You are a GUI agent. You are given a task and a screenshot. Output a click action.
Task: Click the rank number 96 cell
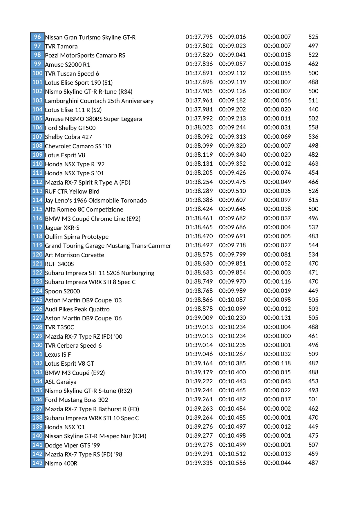coord(37,37)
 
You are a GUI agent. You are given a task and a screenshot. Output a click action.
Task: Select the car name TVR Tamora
coord(61,46)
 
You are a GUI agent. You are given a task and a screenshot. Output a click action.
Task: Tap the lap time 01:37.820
coord(199,55)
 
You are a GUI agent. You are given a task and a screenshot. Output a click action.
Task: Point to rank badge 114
coord(37,200)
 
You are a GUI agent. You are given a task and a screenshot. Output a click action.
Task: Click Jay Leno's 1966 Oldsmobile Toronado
coord(96,201)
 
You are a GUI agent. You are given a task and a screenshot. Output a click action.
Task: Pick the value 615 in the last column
coord(313,200)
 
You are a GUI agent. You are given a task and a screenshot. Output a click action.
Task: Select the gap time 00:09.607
coord(232,200)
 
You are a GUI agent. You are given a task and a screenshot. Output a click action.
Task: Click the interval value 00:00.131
coord(277,318)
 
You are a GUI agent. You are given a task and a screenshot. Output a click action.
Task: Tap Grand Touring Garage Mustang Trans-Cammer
coord(108,246)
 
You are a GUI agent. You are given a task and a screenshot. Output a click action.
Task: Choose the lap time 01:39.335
coord(199,463)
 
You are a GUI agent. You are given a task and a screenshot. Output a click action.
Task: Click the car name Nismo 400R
coord(61,463)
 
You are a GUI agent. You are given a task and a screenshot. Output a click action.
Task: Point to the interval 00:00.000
coord(277,336)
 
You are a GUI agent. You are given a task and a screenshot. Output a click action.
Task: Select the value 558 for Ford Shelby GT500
coord(313,127)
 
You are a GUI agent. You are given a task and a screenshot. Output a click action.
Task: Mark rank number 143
coord(37,463)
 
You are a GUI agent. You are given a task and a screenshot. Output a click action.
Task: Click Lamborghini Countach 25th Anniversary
coord(99,101)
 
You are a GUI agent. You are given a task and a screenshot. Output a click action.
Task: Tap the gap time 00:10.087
coord(232,300)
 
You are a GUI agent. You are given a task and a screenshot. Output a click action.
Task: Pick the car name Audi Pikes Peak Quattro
coord(77,309)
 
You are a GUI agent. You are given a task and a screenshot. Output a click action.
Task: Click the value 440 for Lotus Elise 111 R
coord(313,109)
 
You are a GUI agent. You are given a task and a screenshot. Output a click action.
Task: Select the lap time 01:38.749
coord(199,281)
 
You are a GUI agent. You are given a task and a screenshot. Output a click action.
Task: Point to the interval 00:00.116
coord(277,281)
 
